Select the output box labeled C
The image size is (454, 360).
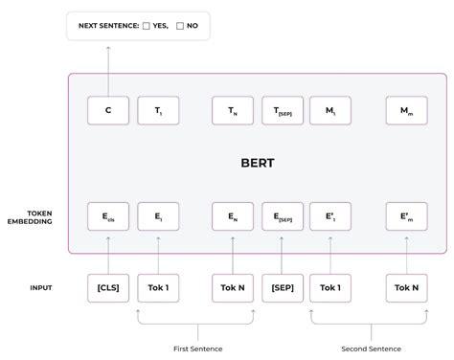[108, 110]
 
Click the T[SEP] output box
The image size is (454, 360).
[283, 110]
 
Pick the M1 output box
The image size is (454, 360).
[330, 110]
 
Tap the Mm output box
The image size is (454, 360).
[406, 110]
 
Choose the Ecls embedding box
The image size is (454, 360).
[108, 216]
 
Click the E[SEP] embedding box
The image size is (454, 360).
[283, 216]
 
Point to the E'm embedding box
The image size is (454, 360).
[406, 216]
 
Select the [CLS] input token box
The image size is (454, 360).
[108, 287]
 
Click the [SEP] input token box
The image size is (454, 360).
[283, 287]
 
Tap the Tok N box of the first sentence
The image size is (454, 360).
[233, 287]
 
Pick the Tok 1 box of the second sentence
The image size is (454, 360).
[330, 287]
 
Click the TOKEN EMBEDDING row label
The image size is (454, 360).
[32, 216]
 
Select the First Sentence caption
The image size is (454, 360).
[194, 348]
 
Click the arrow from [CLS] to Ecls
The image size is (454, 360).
[108, 254]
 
